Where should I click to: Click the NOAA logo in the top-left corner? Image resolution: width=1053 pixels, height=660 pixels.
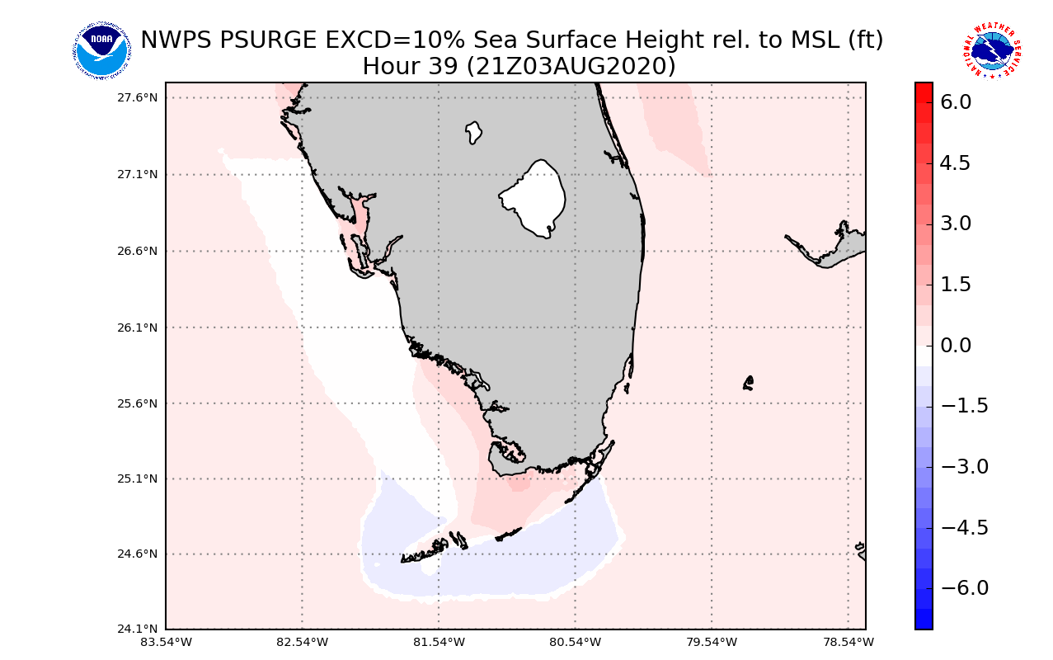101,51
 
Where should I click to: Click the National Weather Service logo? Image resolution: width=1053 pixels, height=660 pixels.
992,51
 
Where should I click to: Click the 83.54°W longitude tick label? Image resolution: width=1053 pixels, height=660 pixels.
166,642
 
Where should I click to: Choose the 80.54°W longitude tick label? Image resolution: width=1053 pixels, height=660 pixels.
576,642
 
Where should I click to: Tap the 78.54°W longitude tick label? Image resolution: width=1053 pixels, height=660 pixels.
849,642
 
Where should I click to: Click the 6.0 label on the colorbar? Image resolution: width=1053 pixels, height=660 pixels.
956,102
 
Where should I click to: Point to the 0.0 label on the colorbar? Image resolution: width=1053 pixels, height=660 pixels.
956,346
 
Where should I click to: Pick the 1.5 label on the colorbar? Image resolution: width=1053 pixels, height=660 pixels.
956,285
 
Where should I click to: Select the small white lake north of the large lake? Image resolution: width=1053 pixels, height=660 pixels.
473,132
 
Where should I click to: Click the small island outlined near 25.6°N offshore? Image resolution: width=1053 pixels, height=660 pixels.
748,383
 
